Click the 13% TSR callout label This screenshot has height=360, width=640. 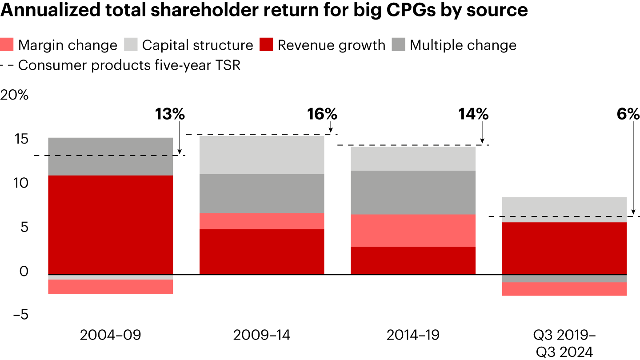click(169, 114)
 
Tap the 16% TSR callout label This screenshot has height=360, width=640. click(322, 114)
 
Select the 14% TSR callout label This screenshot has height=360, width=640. click(473, 114)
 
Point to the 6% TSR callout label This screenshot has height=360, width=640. click(627, 114)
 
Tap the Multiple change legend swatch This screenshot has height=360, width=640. click(399, 45)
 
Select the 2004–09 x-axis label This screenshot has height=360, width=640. click(110, 335)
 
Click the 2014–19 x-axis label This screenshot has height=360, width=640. click(413, 335)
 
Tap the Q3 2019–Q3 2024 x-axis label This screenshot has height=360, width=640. click(564, 343)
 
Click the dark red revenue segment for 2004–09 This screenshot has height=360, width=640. click(110, 224)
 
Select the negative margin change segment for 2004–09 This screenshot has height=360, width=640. click(110, 287)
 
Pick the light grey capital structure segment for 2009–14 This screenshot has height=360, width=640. click(262, 155)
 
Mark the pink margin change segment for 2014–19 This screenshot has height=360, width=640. click(413, 230)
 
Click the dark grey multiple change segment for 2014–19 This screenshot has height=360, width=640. click(413, 192)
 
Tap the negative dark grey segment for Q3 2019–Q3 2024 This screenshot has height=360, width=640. click(564, 278)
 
